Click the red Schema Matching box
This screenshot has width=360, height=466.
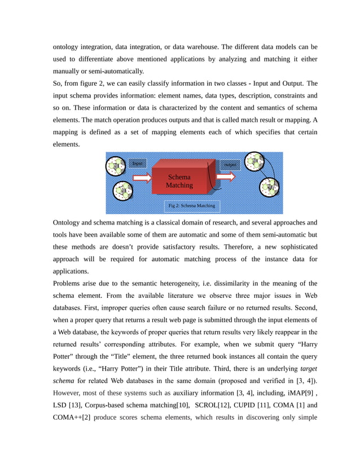click(179, 181)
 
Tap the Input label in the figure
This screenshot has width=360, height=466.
click(137, 163)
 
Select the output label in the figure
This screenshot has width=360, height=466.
click(230, 165)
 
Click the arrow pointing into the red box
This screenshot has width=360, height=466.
click(142, 178)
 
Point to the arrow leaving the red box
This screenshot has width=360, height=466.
click(226, 177)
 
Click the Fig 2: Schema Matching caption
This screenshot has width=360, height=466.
click(191, 205)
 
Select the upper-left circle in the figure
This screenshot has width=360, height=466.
click(117, 166)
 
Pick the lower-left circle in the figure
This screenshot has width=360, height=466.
click(122, 191)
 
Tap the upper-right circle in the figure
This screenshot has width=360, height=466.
click(255, 162)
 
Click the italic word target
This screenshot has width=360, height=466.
click(308, 368)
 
